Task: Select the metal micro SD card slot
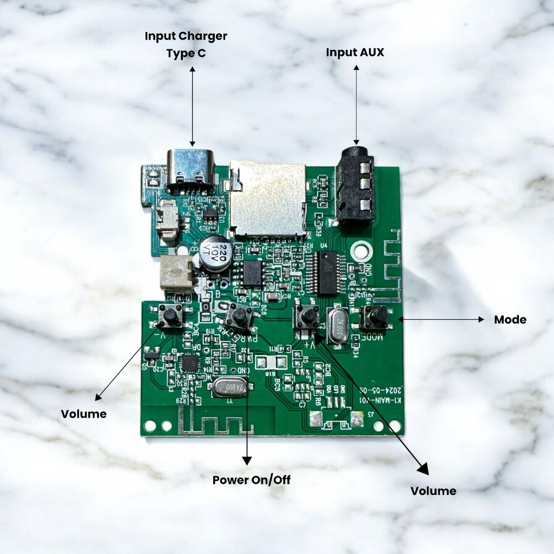click(267, 199)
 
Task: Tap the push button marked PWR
click(238, 315)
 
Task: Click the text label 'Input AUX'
click(355, 52)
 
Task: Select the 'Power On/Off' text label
click(251, 480)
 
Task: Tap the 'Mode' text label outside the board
click(510, 320)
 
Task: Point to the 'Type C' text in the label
click(186, 54)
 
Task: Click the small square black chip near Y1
click(189, 363)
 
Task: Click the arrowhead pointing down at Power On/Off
click(247, 460)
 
